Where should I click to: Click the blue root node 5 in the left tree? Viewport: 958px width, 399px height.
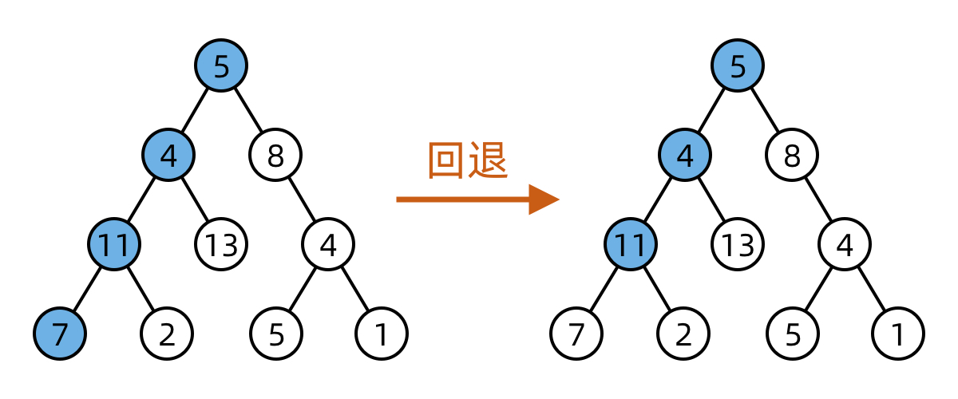tap(221, 65)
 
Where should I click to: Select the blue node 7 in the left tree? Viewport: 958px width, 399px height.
tap(60, 333)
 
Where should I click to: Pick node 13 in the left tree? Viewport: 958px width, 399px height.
tap(221, 244)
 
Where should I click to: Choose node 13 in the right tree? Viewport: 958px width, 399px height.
tap(738, 244)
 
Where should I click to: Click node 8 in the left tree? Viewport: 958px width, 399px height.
tap(275, 155)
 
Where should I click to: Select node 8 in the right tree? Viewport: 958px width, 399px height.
tap(792, 155)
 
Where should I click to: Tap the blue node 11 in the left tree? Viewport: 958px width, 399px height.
tap(114, 244)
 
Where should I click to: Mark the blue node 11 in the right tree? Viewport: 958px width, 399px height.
tap(631, 244)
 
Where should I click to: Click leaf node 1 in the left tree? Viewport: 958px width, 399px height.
tap(382, 333)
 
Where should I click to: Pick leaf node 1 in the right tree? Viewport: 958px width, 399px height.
tap(898, 333)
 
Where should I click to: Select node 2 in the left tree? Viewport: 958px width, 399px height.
tap(167, 333)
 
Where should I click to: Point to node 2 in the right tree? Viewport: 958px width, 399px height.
tap(684, 333)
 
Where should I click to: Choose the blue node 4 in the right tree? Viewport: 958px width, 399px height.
tap(684, 155)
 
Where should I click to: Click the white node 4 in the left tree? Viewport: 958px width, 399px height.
tap(328, 244)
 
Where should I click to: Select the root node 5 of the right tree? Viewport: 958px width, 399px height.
tap(738, 65)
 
